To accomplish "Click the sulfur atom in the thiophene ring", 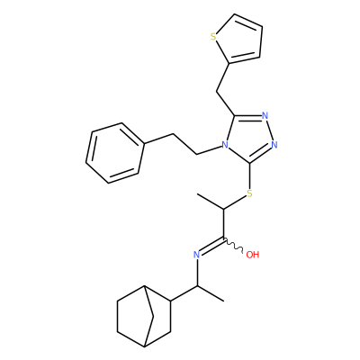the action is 213,37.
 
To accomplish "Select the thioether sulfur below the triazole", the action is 249,193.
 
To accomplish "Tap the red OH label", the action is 252,255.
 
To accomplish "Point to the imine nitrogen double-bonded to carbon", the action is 196,255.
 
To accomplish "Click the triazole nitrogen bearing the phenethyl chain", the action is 225,146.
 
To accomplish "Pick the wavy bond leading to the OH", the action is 233,246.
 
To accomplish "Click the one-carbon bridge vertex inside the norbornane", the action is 153,316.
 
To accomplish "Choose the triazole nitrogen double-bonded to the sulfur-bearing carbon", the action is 274,145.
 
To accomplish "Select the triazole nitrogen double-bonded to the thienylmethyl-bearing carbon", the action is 265,115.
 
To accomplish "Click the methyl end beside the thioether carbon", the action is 197,194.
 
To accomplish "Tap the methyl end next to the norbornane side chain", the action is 223,301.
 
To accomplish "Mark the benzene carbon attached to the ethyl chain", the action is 145,143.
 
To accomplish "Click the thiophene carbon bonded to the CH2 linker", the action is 229,63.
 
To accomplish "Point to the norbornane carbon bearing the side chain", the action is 171,301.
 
